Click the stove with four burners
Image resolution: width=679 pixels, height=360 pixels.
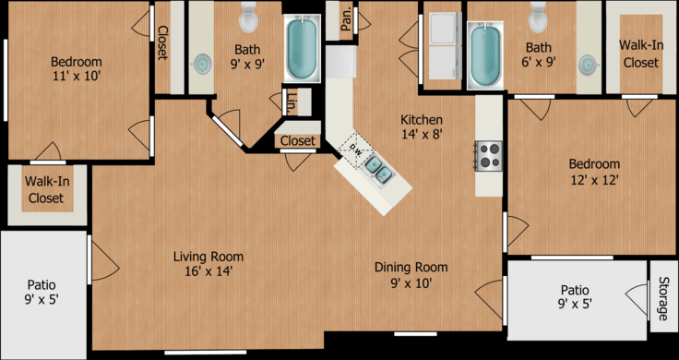click(x=488, y=155)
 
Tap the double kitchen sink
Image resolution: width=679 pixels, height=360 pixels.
click(x=379, y=169)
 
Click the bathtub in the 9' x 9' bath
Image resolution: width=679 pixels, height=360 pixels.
click(x=303, y=48)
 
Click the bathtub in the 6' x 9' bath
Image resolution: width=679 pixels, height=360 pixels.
click(x=485, y=55)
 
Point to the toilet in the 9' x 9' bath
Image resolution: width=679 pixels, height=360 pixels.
click(x=248, y=18)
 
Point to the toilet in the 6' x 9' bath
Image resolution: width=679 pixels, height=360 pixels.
click(x=538, y=18)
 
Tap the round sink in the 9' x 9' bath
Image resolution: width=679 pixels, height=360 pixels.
click(x=201, y=64)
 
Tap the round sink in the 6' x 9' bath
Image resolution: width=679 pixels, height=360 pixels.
click(x=588, y=65)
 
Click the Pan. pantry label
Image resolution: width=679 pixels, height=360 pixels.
click(x=346, y=20)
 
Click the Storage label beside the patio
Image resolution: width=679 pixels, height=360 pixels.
click(x=662, y=298)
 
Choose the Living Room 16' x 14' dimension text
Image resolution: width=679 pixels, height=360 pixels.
click(x=208, y=271)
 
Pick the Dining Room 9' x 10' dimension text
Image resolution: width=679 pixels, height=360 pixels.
click(x=411, y=282)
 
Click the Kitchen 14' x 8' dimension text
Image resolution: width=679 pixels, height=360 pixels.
click(x=422, y=134)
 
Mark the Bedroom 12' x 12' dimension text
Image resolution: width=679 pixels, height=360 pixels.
click(x=594, y=179)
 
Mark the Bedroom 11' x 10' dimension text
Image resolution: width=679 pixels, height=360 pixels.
click(x=77, y=77)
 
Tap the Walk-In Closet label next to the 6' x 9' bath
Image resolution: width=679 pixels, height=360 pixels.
click(x=641, y=54)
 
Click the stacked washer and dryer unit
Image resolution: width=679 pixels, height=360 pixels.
click(x=446, y=45)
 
